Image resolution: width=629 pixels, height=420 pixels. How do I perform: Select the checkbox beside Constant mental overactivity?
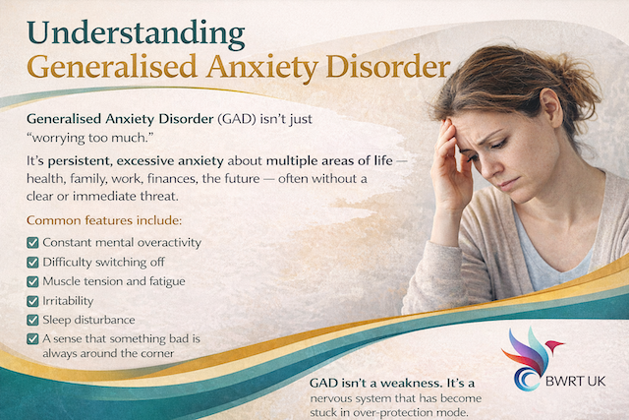pos(32,242)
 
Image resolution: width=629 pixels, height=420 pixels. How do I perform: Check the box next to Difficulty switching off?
pos(32,262)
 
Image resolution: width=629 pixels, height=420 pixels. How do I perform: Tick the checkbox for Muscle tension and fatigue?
pos(32,281)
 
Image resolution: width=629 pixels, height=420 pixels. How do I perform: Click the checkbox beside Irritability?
pos(32,300)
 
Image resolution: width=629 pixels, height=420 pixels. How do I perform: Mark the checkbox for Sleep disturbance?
pos(32,320)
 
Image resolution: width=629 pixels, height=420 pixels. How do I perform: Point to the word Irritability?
pos(72,300)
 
